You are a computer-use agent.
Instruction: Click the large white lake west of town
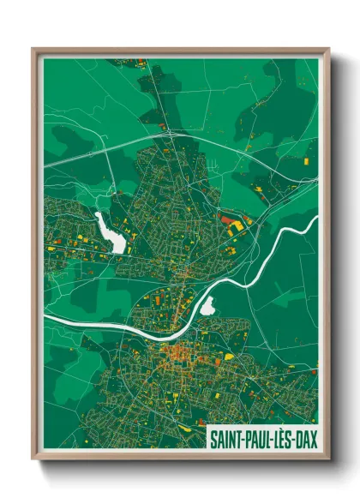[111, 232]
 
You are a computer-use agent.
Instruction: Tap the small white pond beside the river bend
[207, 306]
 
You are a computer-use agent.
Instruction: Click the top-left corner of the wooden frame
[34, 50]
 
